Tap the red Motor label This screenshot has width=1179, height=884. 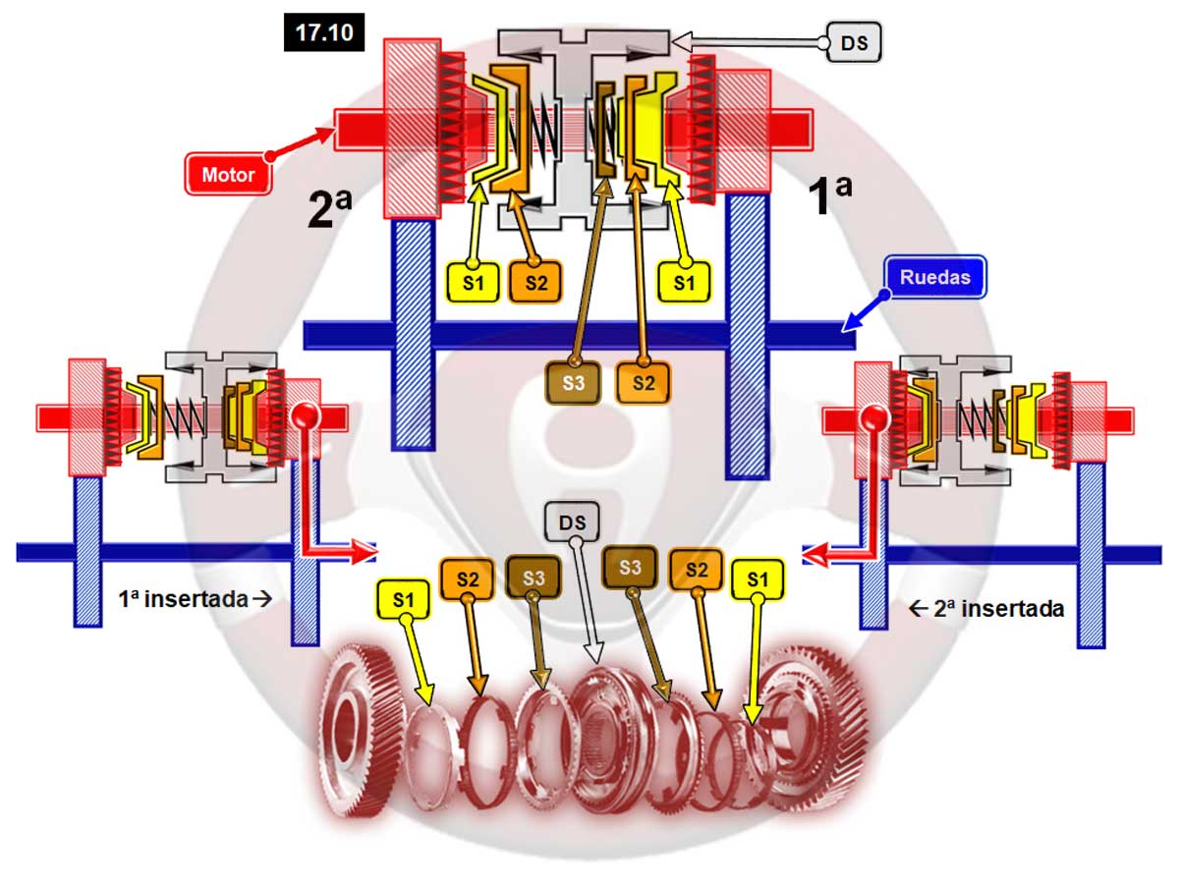(x=228, y=175)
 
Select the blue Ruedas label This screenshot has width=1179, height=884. (x=934, y=277)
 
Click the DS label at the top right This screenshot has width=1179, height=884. (x=853, y=42)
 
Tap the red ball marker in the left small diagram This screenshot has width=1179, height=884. (x=306, y=416)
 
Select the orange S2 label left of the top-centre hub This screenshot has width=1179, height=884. (x=534, y=282)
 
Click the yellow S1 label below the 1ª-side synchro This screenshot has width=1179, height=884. (x=684, y=282)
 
